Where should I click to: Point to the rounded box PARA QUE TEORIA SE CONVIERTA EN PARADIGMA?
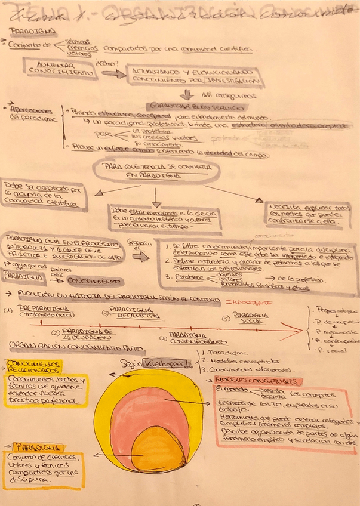pos(156,172)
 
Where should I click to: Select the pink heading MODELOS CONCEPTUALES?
pos(259,381)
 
